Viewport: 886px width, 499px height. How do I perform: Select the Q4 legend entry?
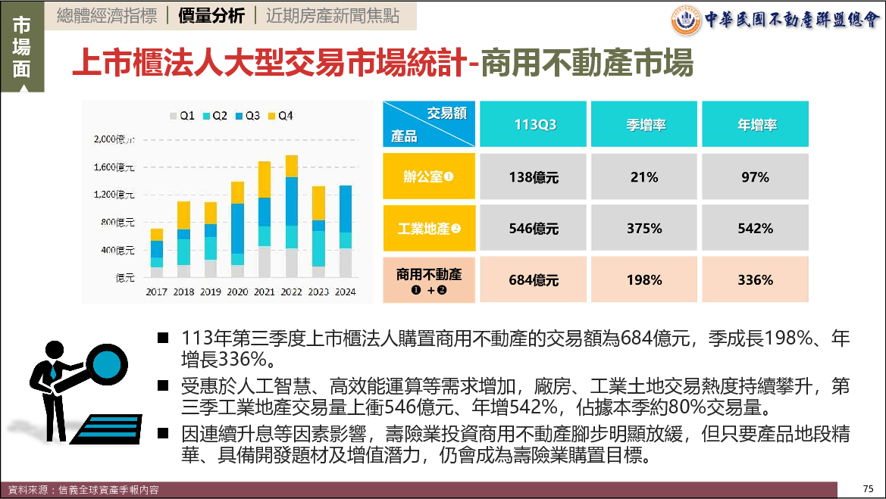point(280,116)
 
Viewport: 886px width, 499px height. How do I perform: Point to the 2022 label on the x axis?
point(292,292)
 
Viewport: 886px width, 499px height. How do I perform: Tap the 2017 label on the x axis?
point(157,292)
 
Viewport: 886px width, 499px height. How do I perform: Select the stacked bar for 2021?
point(265,220)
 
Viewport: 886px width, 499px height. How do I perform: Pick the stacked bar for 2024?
point(345,232)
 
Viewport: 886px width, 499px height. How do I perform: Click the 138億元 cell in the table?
point(534,177)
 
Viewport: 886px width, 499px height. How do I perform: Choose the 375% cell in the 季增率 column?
point(644,228)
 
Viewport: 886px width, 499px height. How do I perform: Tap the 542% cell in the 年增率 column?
point(755,228)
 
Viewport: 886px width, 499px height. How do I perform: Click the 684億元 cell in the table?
point(534,280)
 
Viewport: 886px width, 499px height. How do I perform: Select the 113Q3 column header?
point(534,125)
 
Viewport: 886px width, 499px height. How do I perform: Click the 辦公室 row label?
point(428,177)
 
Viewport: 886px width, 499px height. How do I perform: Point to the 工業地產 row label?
point(428,228)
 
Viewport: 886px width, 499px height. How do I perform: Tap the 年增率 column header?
point(755,125)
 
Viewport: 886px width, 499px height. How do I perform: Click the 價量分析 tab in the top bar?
point(211,16)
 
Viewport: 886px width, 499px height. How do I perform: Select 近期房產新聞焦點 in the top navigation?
point(332,16)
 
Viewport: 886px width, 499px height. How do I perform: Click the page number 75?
point(869,488)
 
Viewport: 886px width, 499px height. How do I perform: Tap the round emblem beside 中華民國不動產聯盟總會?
point(686,20)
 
